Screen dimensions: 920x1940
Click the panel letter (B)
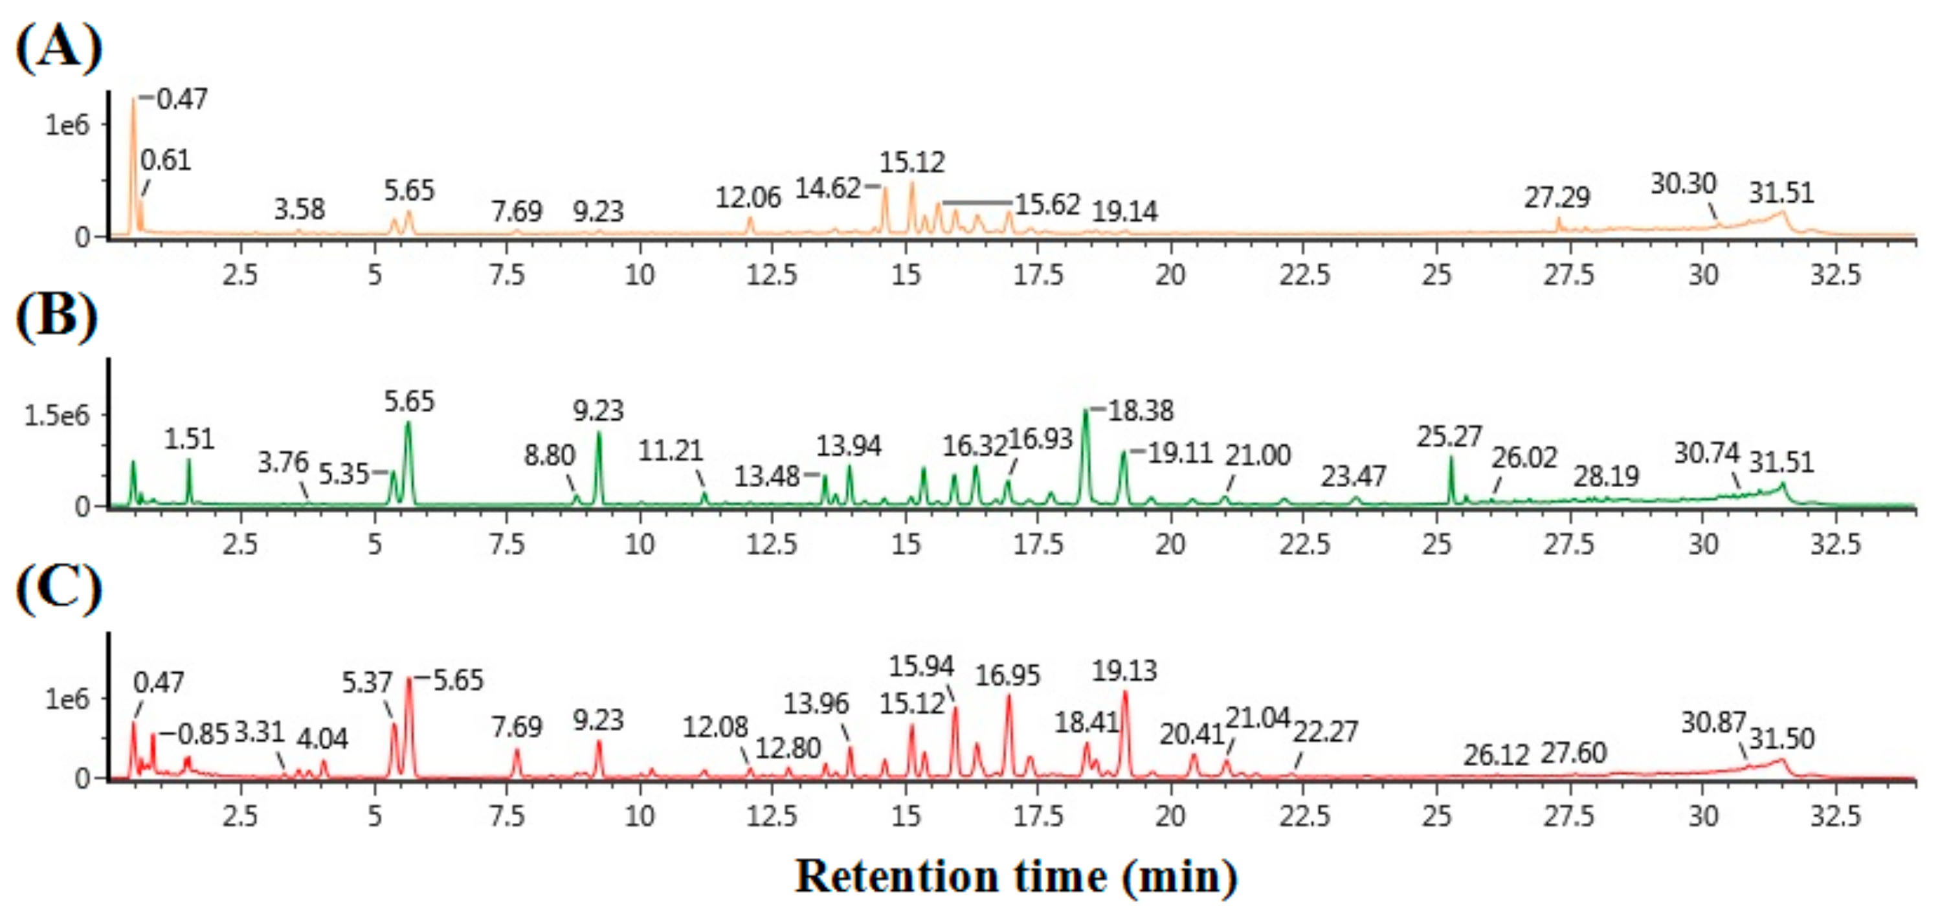57,317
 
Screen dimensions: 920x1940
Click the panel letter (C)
59,588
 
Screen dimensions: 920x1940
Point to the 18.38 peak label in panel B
1140,411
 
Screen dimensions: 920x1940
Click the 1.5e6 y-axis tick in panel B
56,415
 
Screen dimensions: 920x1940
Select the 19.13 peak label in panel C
1124,671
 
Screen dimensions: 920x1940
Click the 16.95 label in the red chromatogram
1007,676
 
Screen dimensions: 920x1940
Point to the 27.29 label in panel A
1557,198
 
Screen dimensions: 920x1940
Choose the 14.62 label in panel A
828,188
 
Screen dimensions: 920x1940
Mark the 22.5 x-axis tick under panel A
1304,276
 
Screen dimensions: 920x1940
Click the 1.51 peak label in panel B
189,439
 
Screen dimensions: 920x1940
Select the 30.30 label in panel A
1683,184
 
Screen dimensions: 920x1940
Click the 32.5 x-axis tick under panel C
1835,816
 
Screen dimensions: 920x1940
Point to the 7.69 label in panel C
517,727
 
